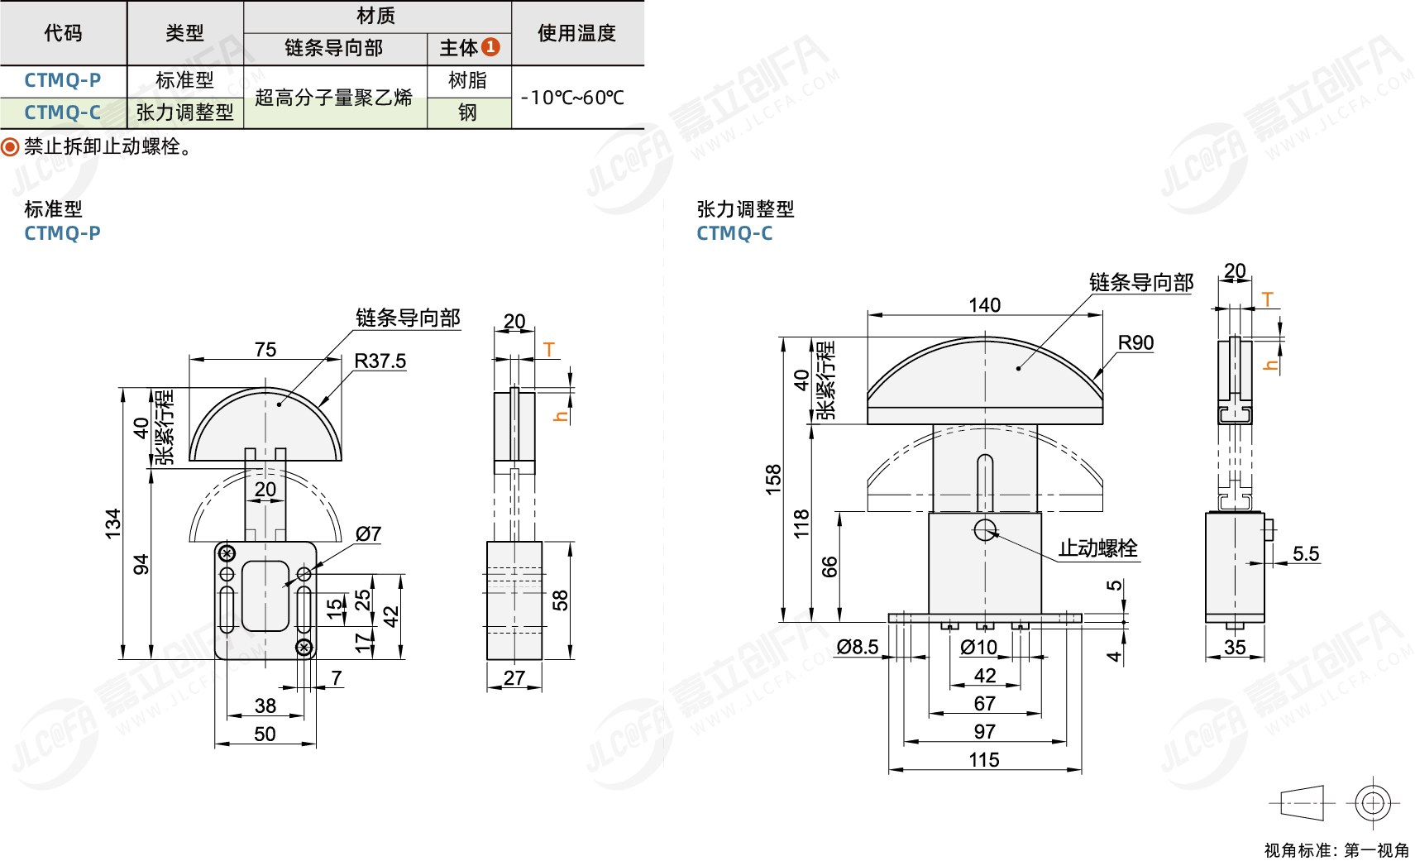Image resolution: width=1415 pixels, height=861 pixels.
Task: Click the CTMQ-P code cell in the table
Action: pos(63,80)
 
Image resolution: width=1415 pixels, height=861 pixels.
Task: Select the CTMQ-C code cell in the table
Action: pos(63,112)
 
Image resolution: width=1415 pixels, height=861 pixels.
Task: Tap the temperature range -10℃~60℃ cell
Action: pos(572,98)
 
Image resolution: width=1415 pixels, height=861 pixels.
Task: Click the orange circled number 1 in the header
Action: pos(490,47)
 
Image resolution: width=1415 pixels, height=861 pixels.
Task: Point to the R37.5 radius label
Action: pos(380,361)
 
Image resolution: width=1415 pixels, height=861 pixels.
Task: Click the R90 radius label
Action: pos(1135,343)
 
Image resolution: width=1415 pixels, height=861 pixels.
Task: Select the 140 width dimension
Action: pos(984,305)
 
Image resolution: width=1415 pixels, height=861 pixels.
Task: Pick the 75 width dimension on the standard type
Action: pos(265,350)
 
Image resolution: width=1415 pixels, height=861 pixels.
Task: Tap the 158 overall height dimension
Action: pos(773,479)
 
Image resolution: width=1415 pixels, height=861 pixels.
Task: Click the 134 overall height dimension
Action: pos(112,524)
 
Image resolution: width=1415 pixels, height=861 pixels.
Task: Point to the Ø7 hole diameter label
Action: pos(368,534)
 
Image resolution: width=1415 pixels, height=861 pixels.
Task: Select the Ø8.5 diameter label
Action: pos(857,647)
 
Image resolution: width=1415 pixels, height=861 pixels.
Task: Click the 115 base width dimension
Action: pos(984,760)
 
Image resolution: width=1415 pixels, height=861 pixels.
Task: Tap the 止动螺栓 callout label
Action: pos(1097,548)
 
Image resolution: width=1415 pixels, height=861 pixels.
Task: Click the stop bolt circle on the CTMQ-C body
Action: pos(985,530)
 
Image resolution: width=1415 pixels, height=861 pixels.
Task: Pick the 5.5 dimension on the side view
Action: pos(1305,554)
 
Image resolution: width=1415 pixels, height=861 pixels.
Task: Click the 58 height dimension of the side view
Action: pos(560,600)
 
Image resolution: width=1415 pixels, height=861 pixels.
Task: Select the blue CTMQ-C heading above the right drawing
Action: pos(734,234)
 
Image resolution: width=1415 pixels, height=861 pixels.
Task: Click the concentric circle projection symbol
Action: pos(1372,802)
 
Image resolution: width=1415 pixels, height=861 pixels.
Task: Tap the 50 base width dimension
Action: pos(265,734)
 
